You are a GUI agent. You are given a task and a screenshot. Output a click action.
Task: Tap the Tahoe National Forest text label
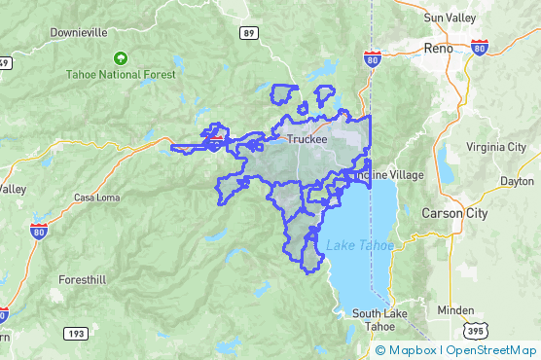pyautogui.click(x=121, y=74)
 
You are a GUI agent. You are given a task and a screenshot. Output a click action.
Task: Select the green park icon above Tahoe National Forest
pyautogui.click(x=121, y=58)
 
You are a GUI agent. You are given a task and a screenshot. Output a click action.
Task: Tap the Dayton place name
pyautogui.click(x=517, y=181)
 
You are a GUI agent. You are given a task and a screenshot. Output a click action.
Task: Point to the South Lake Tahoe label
pyautogui.click(x=373, y=319)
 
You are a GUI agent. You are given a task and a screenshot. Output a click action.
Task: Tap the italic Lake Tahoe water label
pyautogui.click(x=360, y=245)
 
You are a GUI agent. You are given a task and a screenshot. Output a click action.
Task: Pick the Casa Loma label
pyautogui.click(x=96, y=198)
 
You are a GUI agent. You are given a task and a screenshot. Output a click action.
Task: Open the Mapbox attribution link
pyautogui.click(x=408, y=350)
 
